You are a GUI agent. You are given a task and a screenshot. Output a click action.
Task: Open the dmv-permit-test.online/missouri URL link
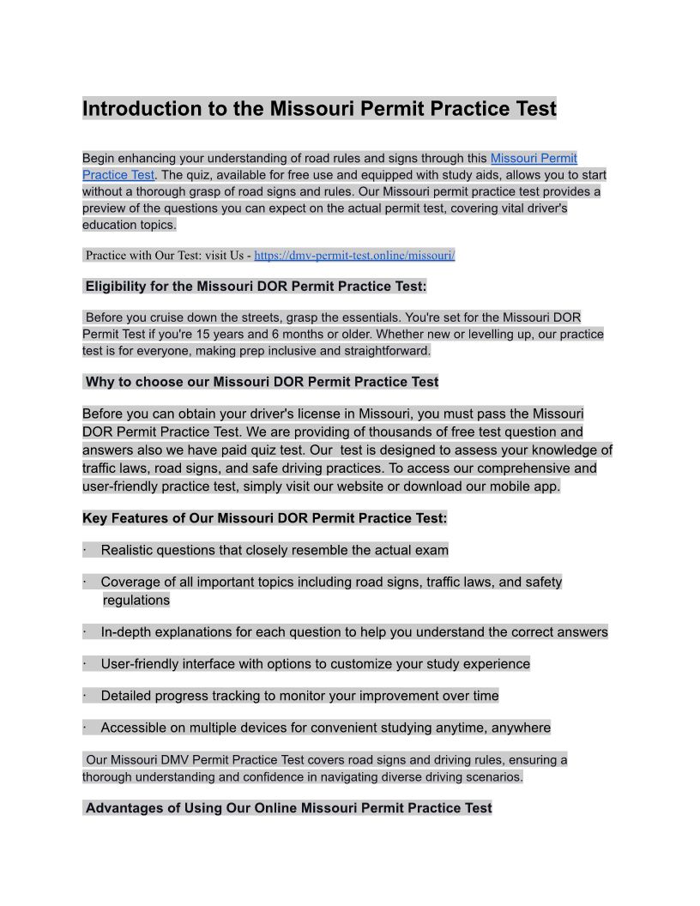pos(354,255)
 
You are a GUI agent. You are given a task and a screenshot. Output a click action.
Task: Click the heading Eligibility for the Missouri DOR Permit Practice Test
pos(256,286)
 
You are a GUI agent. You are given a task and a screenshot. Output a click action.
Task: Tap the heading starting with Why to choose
pos(262,382)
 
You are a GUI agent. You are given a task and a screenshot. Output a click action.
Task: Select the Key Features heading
pos(264,518)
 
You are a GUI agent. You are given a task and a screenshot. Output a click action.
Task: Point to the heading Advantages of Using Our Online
pos(288,808)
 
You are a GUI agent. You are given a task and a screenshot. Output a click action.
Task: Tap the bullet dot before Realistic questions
pos(85,550)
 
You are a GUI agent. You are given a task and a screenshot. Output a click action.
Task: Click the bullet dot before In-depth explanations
pos(85,632)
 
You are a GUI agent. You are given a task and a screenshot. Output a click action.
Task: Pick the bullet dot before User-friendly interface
pos(85,664)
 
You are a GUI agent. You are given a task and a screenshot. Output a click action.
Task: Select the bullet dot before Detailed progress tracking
pos(85,696)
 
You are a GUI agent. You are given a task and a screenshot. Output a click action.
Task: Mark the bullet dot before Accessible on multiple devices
pos(85,728)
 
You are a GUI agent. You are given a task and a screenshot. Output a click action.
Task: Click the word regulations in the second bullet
pos(136,601)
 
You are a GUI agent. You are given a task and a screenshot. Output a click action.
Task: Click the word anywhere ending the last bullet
pos(522,728)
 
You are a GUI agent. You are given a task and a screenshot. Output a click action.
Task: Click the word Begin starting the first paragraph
pos(100,158)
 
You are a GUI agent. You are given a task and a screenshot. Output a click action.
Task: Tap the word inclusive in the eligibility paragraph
pos(291,351)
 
